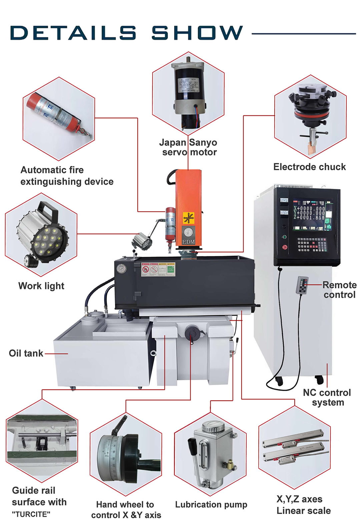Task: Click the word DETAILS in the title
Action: point(73,33)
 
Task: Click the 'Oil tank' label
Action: point(26,353)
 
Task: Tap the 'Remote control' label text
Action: point(339,290)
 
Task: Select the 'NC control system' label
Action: point(327,397)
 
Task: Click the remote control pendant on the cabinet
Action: point(302,285)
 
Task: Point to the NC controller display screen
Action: point(313,215)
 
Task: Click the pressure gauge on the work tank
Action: point(122,268)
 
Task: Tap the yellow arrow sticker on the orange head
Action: point(189,218)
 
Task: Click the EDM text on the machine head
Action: point(188,242)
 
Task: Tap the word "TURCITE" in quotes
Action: point(31,514)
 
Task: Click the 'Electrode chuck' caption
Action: point(310,167)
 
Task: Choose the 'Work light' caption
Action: point(41,286)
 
